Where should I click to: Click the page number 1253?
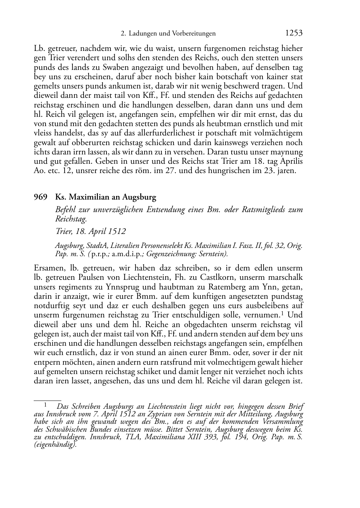click(x=294, y=33)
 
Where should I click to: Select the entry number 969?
click(x=41, y=197)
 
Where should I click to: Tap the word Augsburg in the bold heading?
click(x=139, y=197)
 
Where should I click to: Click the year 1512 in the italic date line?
click(x=116, y=231)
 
